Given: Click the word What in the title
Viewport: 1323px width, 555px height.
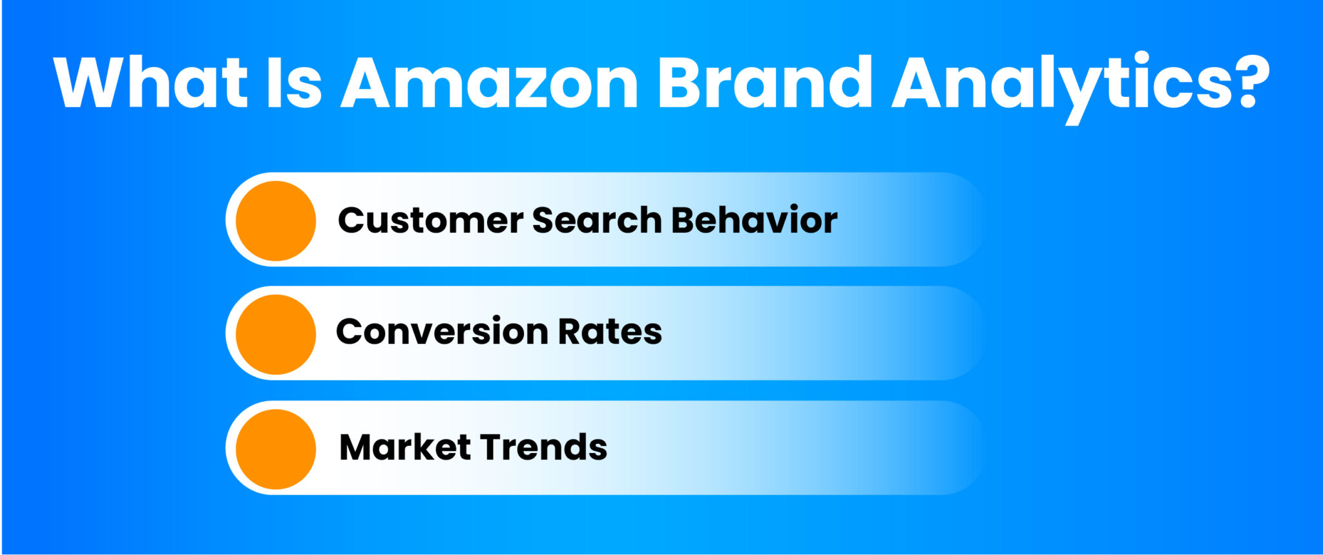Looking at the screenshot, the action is pyautogui.click(x=151, y=82).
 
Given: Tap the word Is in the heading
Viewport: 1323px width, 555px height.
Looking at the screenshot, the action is pyautogui.click(x=295, y=82).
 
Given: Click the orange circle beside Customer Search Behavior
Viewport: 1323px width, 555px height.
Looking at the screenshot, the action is pyautogui.click(x=276, y=220).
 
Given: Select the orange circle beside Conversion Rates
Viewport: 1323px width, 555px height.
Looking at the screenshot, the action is pyautogui.click(x=276, y=334).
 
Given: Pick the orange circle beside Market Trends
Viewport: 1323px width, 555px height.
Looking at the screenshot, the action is pyautogui.click(x=276, y=448).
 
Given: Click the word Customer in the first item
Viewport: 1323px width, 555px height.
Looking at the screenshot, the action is pyautogui.click(x=431, y=220).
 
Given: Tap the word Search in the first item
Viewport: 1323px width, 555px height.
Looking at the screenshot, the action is pyautogui.click(x=598, y=220).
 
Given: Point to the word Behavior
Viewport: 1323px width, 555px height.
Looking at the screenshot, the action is pyautogui.click(x=755, y=220).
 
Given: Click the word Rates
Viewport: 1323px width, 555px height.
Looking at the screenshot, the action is pyautogui.click(x=610, y=332).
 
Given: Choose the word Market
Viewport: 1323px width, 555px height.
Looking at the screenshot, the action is pyautogui.click(x=405, y=447).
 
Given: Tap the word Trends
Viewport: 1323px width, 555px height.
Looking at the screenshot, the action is pyautogui.click(x=543, y=447).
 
